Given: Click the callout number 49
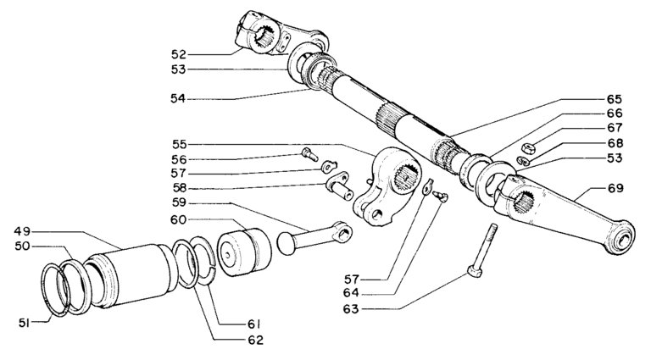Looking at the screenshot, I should [24, 231].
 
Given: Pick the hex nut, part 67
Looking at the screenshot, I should [526, 145].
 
